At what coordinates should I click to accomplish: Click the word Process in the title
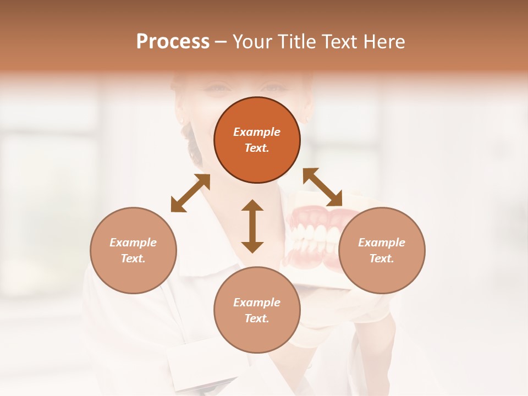pyautogui.click(x=173, y=42)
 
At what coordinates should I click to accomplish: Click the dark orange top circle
pyautogui.click(x=257, y=140)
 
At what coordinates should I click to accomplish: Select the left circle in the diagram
pyautogui.click(x=133, y=250)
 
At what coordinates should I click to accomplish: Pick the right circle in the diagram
pyautogui.click(x=382, y=250)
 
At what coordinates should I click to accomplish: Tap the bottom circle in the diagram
pyautogui.click(x=257, y=310)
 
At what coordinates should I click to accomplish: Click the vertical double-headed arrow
pyautogui.click(x=252, y=226)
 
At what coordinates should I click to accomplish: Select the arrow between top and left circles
pyautogui.click(x=190, y=193)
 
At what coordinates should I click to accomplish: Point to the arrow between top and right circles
pyautogui.click(x=323, y=187)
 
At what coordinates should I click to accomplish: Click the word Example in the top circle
pyautogui.click(x=257, y=132)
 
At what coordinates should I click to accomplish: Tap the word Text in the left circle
pyautogui.click(x=133, y=258)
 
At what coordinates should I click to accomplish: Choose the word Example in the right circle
pyautogui.click(x=382, y=243)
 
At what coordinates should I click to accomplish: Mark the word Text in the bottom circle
pyautogui.click(x=256, y=318)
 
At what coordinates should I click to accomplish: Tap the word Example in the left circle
pyautogui.click(x=133, y=243)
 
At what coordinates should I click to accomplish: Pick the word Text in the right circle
pyautogui.click(x=381, y=258)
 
